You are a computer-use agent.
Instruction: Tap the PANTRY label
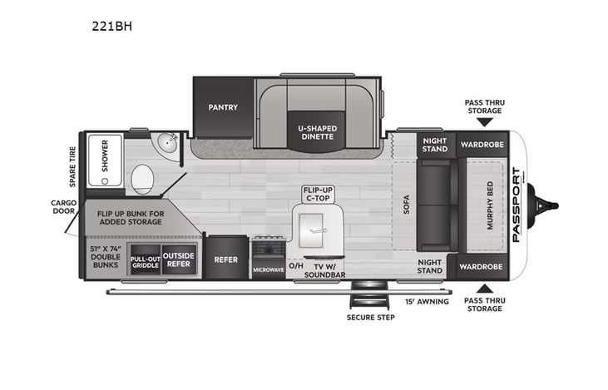click(223, 106)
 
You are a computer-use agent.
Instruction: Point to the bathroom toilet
click(143, 178)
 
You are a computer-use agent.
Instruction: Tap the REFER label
click(226, 259)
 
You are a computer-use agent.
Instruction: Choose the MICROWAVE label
click(269, 270)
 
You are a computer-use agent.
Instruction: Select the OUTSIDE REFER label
click(177, 259)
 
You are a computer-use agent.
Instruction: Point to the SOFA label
click(407, 205)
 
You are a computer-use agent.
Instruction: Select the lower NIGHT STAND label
click(430, 267)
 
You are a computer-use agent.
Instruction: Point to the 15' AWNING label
click(427, 301)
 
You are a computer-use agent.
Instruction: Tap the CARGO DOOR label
click(63, 206)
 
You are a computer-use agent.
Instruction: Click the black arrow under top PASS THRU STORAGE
click(483, 122)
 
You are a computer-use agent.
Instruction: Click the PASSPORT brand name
click(517, 205)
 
